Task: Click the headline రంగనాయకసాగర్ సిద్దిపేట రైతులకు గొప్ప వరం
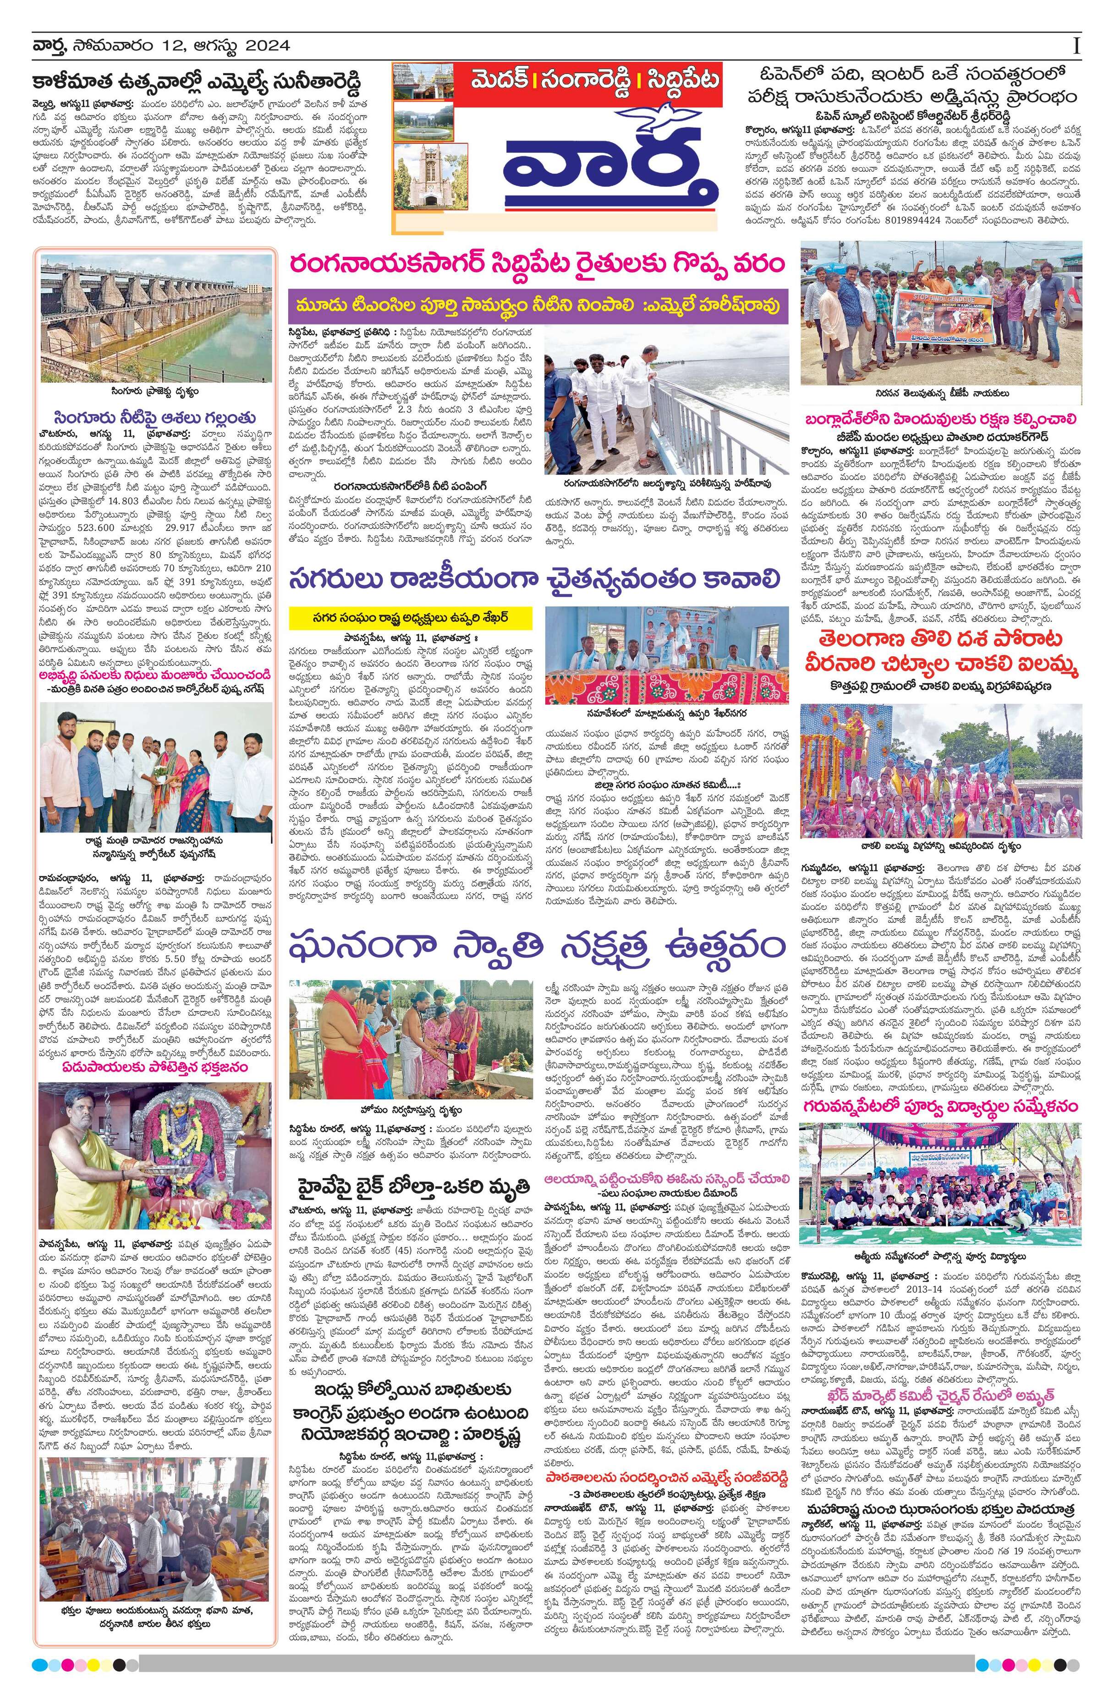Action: pos(538,264)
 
